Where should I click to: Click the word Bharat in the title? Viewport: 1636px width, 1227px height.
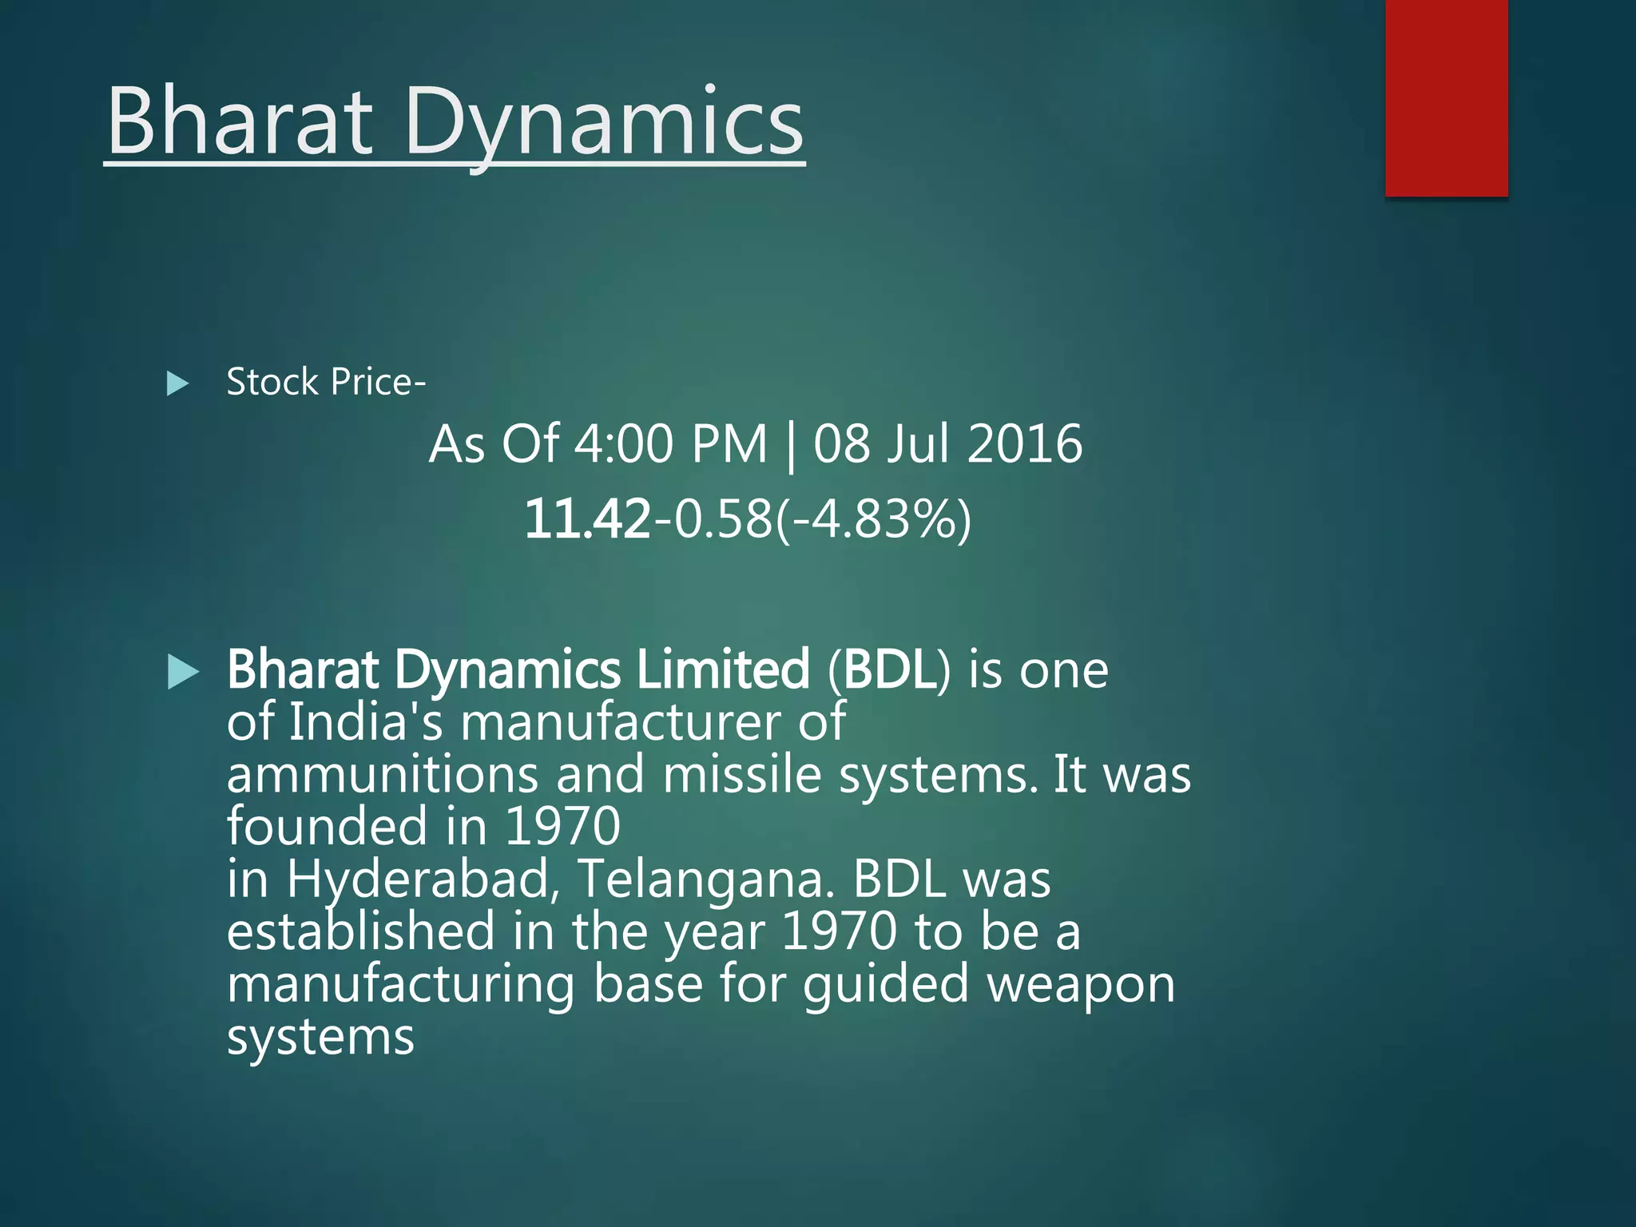(x=240, y=122)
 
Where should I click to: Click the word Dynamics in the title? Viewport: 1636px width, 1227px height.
(x=605, y=122)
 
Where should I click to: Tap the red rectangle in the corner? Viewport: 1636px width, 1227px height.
(x=1446, y=97)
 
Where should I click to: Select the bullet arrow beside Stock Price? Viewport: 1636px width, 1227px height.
(x=177, y=383)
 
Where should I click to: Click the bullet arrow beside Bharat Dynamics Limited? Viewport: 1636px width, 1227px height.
(x=183, y=672)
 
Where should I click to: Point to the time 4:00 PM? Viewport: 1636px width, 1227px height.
(x=670, y=444)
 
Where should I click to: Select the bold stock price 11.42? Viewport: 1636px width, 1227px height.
(x=587, y=519)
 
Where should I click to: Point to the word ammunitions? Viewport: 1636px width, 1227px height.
(x=383, y=775)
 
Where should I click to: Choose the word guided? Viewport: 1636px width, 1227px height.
(x=886, y=984)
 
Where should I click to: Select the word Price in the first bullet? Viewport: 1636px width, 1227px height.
(x=371, y=382)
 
